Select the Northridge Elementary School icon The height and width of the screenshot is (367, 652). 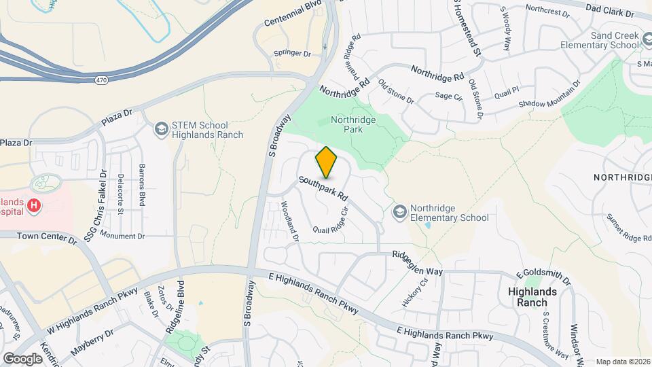[x=399, y=213]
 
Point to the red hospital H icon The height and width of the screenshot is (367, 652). [x=32, y=205]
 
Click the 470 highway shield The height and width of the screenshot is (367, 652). [x=101, y=80]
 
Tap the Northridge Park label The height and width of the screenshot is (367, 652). [x=352, y=125]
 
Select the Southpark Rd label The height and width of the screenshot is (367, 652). [x=323, y=189]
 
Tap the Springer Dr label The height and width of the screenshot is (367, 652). [x=291, y=53]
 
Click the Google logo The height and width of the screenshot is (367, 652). [x=22, y=358]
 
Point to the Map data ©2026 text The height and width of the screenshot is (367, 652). [x=622, y=362]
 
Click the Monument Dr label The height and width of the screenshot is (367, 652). [x=122, y=235]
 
